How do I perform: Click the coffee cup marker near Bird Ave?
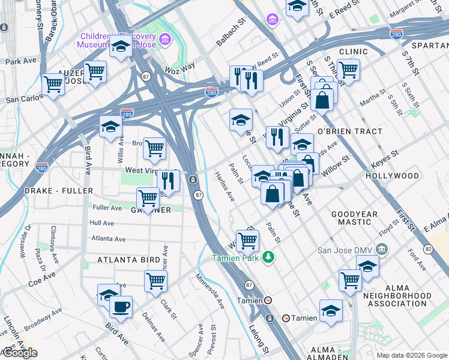(121, 307)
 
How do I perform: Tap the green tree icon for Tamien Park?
(270, 257)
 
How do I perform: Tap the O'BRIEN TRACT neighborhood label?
(349, 131)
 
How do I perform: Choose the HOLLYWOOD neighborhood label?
(393, 176)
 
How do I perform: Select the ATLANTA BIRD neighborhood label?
(130, 260)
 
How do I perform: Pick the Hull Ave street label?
(101, 223)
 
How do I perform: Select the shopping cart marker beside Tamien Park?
(247, 240)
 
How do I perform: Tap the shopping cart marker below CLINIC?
(348, 70)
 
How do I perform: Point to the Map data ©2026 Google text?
(412, 355)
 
